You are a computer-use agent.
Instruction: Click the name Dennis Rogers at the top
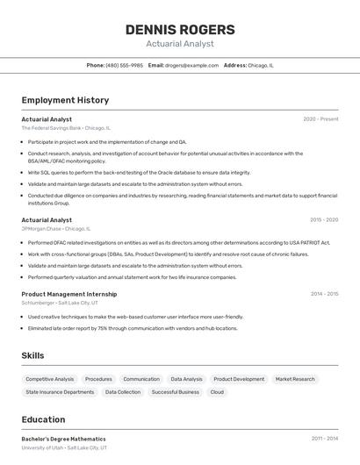[x=180, y=29]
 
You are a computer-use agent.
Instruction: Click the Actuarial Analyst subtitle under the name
[x=180, y=43]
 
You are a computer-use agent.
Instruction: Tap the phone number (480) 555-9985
[x=124, y=65]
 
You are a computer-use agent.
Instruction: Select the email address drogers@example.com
[x=192, y=65]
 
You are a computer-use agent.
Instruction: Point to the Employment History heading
[x=65, y=100]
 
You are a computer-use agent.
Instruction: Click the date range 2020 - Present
[x=320, y=118]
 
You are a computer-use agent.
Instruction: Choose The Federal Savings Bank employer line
[x=66, y=128]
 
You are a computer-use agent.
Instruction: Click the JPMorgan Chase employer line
[x=59, y=228]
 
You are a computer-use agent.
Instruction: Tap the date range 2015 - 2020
[x=324, y=219]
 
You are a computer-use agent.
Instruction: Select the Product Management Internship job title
[x=68, y=294]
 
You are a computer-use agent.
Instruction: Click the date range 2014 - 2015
[x=324, y=294]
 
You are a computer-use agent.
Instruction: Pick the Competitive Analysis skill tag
[x=50, y=379]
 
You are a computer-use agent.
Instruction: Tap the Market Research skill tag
[x=295, y=379]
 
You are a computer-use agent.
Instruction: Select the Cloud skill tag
[x=217, y=392]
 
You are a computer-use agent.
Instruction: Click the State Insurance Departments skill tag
[x=60, y=392]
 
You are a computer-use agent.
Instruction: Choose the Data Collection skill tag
[x=123, y=392]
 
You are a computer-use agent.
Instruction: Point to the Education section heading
[x=43, y=419]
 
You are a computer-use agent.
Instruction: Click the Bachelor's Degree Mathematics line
[x=63, y=439]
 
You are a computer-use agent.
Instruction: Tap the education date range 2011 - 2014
[x=324, y=438]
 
